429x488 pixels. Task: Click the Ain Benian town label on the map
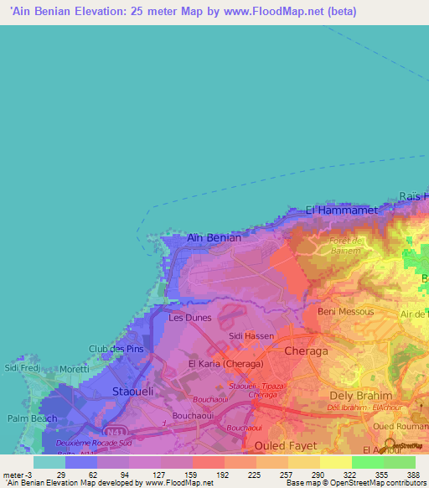point(214,237)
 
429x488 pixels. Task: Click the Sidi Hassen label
point(251,335)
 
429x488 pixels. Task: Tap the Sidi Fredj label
point(23,367)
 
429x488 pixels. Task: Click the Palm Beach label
point(32,418)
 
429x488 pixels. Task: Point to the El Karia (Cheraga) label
point(225,365)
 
